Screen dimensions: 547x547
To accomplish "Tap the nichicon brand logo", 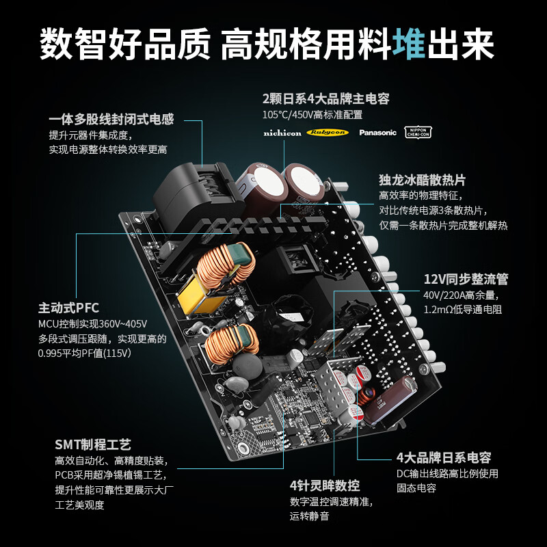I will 282,133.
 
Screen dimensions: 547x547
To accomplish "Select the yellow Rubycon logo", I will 327,132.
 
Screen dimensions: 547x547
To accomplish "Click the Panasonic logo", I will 377,133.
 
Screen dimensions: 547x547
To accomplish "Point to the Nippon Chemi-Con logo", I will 418,132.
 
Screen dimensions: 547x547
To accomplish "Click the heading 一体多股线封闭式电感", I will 111,119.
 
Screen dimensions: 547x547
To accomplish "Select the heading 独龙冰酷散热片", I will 422,180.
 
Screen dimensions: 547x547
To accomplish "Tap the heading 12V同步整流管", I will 466,279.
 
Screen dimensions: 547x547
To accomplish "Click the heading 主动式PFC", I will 68,308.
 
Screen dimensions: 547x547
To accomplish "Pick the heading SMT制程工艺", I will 92,444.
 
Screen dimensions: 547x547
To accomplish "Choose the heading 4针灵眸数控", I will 324,486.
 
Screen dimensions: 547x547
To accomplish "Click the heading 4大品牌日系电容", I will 444,458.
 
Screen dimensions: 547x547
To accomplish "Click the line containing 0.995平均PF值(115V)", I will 84,353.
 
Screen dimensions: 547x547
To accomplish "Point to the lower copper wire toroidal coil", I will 232,341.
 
